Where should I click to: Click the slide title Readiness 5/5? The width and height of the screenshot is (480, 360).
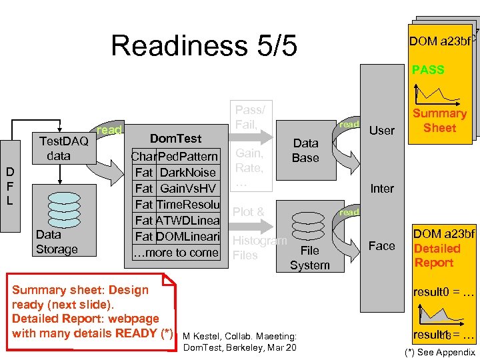[203, 45]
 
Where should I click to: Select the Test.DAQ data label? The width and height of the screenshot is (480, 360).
[63, 148]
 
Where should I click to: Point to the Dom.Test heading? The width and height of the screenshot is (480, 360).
[175, 139]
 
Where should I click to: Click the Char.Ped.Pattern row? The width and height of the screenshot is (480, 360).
[175, 157]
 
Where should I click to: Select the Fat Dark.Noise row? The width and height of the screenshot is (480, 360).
[175, 173]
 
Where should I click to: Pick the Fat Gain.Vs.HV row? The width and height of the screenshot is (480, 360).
[175, 189]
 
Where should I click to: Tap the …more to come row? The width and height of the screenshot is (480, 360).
[175, 253]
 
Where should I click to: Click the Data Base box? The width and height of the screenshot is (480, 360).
[305, 151]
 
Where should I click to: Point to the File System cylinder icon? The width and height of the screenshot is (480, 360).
[309, 227]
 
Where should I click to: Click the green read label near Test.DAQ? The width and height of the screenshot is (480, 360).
[109, 130]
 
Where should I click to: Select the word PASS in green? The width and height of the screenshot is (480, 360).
[428, 69]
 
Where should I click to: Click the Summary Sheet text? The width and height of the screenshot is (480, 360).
[439, 121]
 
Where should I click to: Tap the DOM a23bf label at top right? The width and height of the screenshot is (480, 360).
[440, 41]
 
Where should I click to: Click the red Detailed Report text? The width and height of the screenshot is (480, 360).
[437, 255]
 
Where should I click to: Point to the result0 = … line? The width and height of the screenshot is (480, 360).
[443, 292]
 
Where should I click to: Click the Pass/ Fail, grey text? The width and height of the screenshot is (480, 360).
[250, 116]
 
